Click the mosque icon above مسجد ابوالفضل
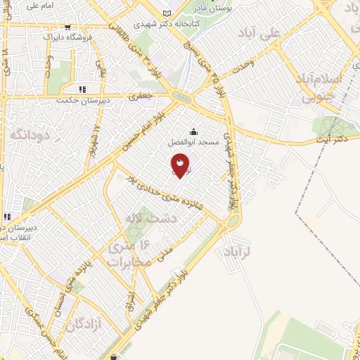pyautogui.click(x=193, y=131)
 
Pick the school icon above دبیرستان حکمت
pyautogui.click(x=82, y=90)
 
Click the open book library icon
pyautogui.click(x=167, y=13)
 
